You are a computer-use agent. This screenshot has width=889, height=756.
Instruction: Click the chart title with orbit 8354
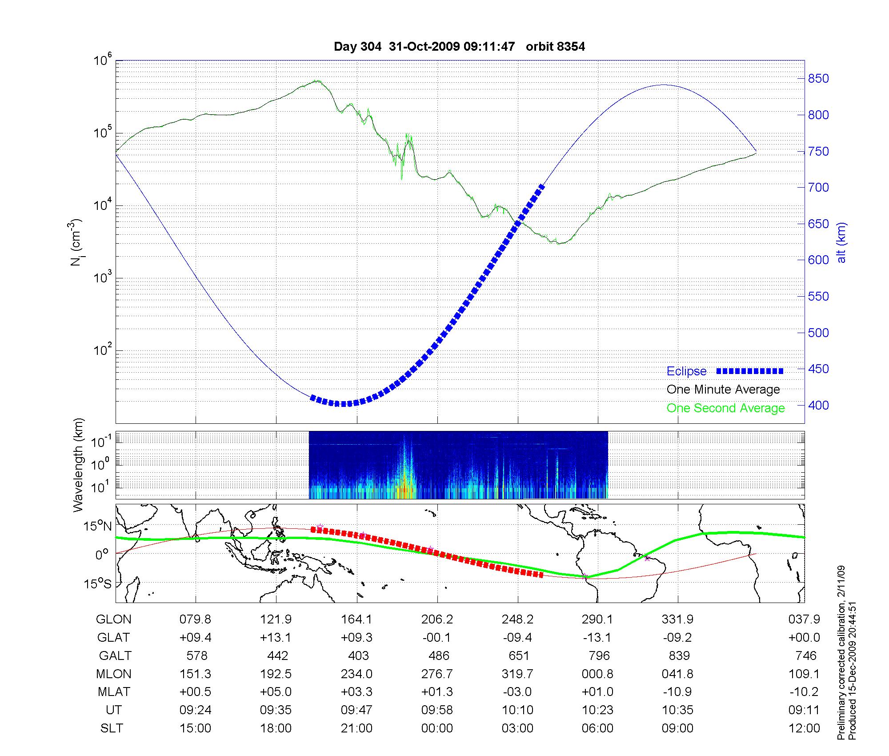click(459, 47)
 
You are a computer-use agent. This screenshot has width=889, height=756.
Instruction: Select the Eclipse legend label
click(686, 371)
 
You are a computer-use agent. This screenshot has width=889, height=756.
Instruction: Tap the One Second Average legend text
click(725, 408)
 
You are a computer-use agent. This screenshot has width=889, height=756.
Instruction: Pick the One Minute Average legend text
click(723, 390)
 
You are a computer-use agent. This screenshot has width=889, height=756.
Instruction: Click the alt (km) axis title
click(842, 242)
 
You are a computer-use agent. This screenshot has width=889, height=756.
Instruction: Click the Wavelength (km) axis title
click(78, 465)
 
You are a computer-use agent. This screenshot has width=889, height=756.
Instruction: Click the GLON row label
click(114, 619)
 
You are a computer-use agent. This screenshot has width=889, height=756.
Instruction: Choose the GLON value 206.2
click(438, 619)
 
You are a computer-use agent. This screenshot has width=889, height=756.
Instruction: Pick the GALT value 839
click(679, 656)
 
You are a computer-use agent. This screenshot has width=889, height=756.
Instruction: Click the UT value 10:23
click(598, 710)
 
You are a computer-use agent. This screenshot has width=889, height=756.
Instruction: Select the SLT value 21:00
click(356, 728)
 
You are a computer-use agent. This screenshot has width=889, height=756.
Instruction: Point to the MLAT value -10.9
click(677, 692)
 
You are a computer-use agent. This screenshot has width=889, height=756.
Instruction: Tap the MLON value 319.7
click(517, 674)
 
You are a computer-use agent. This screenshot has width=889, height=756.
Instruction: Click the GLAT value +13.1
click(276, 638)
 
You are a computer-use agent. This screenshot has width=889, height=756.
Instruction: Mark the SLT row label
click(112, 728)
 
